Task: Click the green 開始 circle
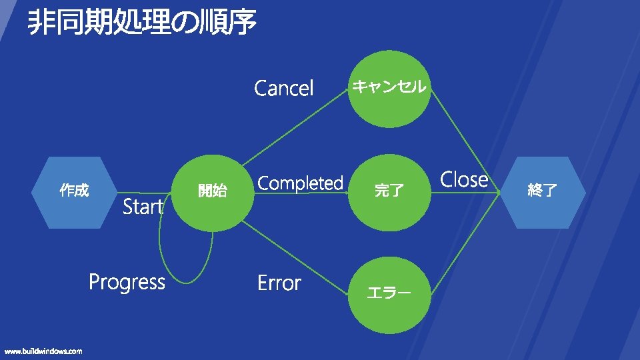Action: [212, 192]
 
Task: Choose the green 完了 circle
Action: [389, 191]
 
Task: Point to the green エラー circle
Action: [389, 293]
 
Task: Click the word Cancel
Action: [284, 88]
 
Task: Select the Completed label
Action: [300, 183]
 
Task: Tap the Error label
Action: [279, 283]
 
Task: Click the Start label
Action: [143, 207]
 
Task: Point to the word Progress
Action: [127, 283]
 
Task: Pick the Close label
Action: [464, 179]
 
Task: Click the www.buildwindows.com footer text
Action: [43, 351]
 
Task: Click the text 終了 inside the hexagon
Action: [542, 191]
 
